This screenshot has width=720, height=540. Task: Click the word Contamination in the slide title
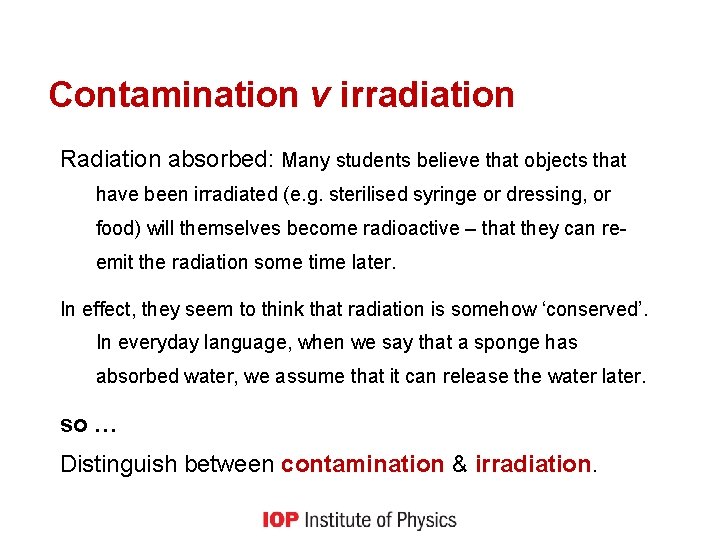(x=173, y=95)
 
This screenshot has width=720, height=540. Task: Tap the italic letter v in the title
(x=319, y=95)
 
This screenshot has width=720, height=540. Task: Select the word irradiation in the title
(x=427, y=95)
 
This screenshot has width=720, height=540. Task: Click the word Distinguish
(x=117, y=464)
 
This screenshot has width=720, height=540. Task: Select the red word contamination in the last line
(x=362, y=464)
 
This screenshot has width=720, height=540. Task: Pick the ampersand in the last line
(x=459, y=464)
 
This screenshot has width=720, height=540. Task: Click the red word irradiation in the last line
(x=532, y=464)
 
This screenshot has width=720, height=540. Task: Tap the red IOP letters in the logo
(x=280, y=520)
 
